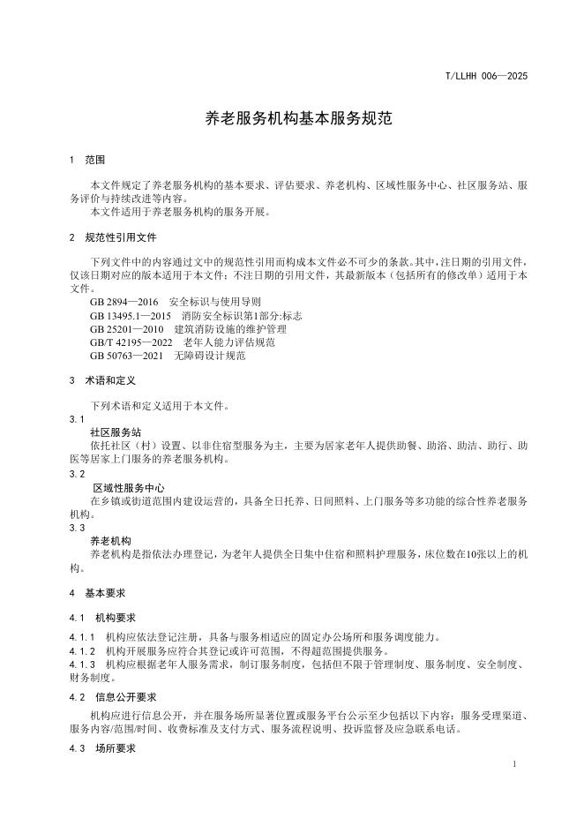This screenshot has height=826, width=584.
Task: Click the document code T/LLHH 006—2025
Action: pos(486,78)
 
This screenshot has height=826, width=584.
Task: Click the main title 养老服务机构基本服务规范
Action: pos(291,118)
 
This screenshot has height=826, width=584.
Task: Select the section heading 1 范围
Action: pos(87,161)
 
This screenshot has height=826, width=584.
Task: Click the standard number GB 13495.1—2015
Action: pos(130,315)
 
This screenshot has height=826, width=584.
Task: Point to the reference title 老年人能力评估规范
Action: pos(228,342)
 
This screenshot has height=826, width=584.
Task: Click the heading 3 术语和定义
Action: pos(102,380)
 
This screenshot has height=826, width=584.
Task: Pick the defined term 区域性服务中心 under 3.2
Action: pos(129,487)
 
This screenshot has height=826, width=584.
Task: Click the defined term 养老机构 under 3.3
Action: pos(110,540)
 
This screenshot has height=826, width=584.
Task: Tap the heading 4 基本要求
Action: pos(96,593)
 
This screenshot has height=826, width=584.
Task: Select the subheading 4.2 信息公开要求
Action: pos(112,696)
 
